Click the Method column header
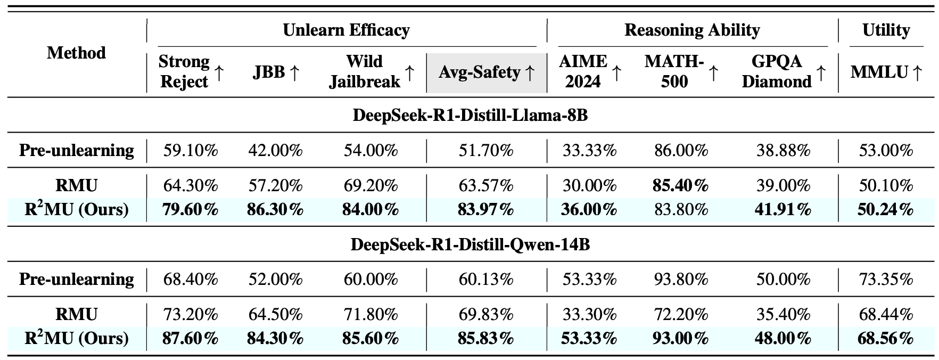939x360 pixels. pos(76,53)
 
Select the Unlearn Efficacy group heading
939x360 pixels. pos(346,30)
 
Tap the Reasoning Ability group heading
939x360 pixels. pos(692,30)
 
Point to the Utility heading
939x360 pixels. pos(886,30)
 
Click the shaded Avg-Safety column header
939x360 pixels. pos(486,72)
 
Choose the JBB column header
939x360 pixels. pos(276,72)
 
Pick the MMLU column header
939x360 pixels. pos(886,72)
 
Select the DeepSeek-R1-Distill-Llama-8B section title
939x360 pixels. pos(470,115)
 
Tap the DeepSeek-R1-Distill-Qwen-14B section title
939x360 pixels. pos(470,244)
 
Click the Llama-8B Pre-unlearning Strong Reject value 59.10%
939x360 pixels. pos(191,150)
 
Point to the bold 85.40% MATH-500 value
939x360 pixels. pos(681,185)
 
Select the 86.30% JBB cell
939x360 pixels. pos(275,209)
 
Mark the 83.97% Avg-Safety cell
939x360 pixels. pos(485,209)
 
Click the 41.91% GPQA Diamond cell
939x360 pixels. pos(783,209)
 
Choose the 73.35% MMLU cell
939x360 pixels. pos(886,279)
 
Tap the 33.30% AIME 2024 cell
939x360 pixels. pos(589,314)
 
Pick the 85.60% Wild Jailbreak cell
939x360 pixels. pos(371,338)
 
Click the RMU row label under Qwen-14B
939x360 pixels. pos(76,314)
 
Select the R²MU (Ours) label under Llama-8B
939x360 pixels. pos(76,209)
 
